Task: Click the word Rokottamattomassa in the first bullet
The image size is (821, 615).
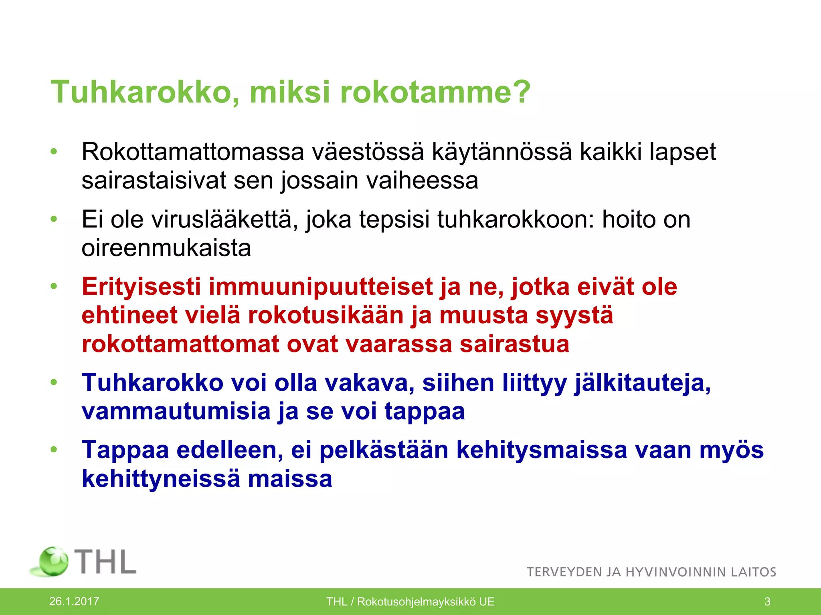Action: pyautogui.click(x=193, y=152)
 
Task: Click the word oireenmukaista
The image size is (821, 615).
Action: pyautogui.click(x=166, y=249)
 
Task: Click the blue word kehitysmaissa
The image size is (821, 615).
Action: pyautogui.click(x=542, y=450)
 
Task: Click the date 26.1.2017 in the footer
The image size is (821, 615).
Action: pyautogui.click(x=74, y=601)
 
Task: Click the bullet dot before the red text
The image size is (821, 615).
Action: pyautogui.click(x=54, y=287)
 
